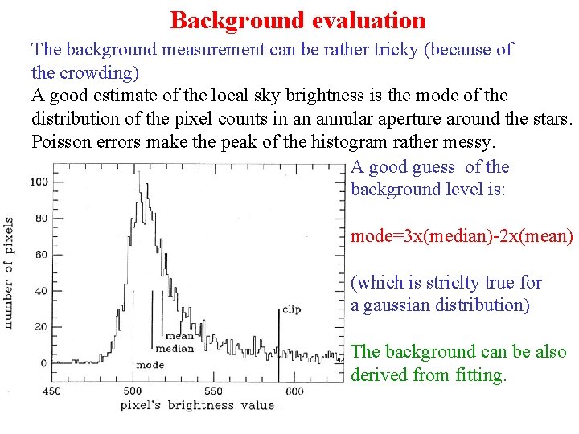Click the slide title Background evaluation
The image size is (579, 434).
tap(298, 19)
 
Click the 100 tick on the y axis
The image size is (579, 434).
tap(38, 182)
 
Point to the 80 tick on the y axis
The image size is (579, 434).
tap(40, 218)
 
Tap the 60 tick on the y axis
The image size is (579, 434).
tap(40, 255)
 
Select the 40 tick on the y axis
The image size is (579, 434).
tap(40, 291)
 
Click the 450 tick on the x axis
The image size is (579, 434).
tap(50, 391)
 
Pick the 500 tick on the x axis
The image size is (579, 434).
tap(132, 391)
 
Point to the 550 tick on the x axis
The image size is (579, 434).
tap(213, 391)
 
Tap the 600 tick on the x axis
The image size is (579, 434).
tap(294, 391)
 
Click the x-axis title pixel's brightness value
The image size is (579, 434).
tap(197, 406)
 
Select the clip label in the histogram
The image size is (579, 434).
tap(290, 309)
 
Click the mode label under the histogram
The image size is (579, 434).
tap(150, 365)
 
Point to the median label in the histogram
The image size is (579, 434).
tap(175, 349)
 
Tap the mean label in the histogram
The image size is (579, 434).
tap(179, 337)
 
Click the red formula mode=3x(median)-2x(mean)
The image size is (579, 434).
tap(462, 237)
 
